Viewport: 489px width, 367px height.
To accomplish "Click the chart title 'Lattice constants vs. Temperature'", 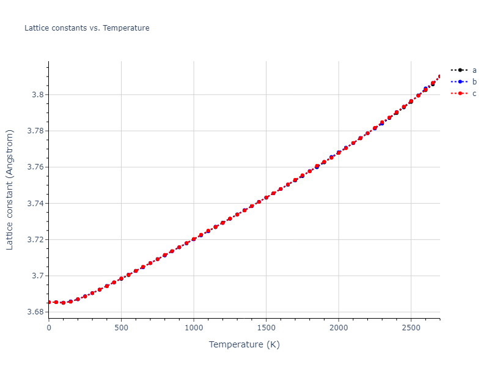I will pos(87,28).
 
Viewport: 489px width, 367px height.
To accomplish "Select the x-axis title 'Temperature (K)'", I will pos(244,344).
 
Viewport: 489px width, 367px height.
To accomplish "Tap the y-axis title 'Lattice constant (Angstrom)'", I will pos(10,190).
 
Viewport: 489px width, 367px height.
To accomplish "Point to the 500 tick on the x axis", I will pos(121,328).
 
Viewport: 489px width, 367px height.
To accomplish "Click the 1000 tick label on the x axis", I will pos(194,328).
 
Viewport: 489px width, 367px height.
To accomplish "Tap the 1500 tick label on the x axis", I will pos(266,328).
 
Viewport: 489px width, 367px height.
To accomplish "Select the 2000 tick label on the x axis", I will pos(339,328).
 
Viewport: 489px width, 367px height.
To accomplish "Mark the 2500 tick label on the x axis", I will pos(411,328).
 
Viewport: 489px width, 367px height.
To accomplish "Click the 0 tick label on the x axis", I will pos(49,328).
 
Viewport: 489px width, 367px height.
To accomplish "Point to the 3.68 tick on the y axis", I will pos(34,312).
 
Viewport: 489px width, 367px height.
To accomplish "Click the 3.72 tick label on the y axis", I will pos(34,240).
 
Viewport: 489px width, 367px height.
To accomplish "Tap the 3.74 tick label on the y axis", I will pos(34,203).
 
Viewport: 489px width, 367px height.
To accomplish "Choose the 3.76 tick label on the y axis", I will pos(34,167).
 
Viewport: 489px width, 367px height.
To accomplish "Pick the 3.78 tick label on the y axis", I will pos(34,131).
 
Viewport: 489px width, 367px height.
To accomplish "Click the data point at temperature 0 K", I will pos(49,302).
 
